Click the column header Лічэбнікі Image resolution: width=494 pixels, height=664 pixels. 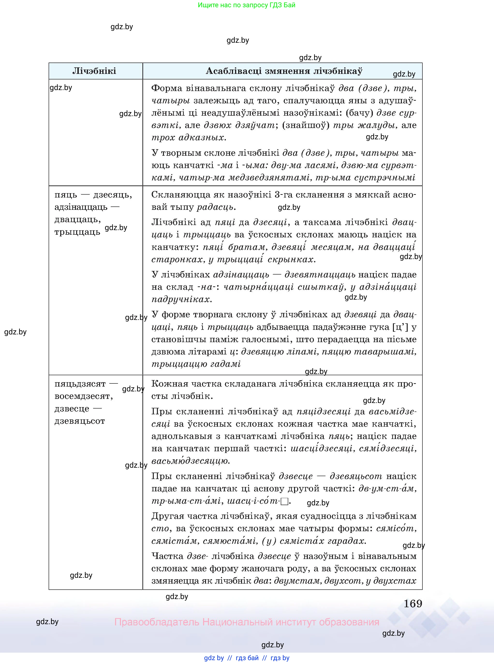pos(94,71)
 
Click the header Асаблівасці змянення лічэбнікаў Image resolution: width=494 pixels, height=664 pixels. pos(284,71)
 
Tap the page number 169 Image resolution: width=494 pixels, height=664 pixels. pos(413,604)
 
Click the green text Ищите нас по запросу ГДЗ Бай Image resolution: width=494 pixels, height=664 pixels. pos(246,5)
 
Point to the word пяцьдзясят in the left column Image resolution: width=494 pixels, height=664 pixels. pos(80,384)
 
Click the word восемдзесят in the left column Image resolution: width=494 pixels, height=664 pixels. pos(83,396)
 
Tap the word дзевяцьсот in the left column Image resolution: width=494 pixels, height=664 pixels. pos(80,421)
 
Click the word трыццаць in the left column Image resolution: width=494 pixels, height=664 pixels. pos(77,232)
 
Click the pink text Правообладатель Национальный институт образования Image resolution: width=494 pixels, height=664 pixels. pos(246,622)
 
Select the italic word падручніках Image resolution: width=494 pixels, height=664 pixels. pos(181,299)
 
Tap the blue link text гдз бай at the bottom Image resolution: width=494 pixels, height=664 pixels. pos(247,658)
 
